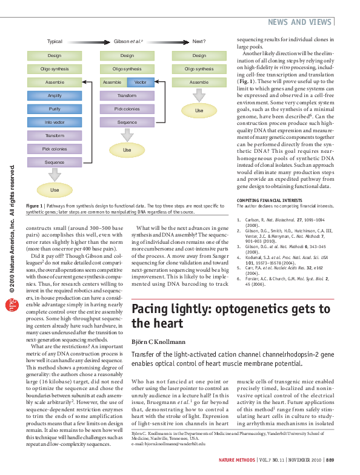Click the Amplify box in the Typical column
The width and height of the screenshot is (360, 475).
[x=55, y=96]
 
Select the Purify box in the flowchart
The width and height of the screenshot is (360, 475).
[x=55, y=109]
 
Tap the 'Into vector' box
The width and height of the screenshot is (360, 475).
[x=55, y=123]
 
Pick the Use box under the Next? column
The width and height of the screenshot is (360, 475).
[x=199, y=110]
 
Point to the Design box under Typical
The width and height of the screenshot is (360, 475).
[x=55, y=56]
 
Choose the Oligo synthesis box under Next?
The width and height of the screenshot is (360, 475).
[x=199, y=69]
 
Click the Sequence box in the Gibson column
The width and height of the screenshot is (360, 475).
[x=127, y=123]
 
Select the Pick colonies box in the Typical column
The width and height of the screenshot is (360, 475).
[x=55, y=149]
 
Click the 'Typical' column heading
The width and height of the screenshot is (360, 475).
[x=55, y=41]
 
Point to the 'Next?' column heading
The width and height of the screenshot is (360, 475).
[x=199, y=41]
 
